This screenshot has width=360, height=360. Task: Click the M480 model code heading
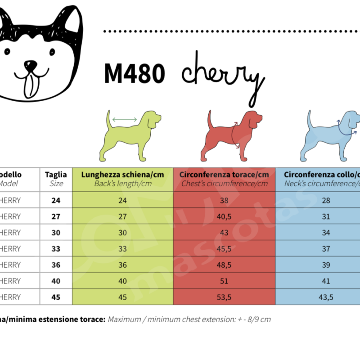click(134, 73)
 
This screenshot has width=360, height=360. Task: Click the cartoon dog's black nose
click(31, 66)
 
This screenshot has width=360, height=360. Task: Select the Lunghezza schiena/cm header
click(122, 175)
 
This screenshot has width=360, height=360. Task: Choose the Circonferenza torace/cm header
click(224, 175)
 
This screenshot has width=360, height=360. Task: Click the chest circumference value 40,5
click(224, 216)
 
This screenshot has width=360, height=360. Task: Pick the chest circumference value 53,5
click(224, 297)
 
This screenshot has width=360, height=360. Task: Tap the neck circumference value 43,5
click(326, 297)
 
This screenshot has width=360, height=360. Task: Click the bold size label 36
click(56, 265)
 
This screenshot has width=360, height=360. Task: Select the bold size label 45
click(56, 297)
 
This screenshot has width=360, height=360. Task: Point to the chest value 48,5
click(224, 265)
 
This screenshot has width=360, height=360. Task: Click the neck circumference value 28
click(326, 200)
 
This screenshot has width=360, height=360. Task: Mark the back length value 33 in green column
click(122, 249)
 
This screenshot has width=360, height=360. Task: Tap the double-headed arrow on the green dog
click(125, 119)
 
